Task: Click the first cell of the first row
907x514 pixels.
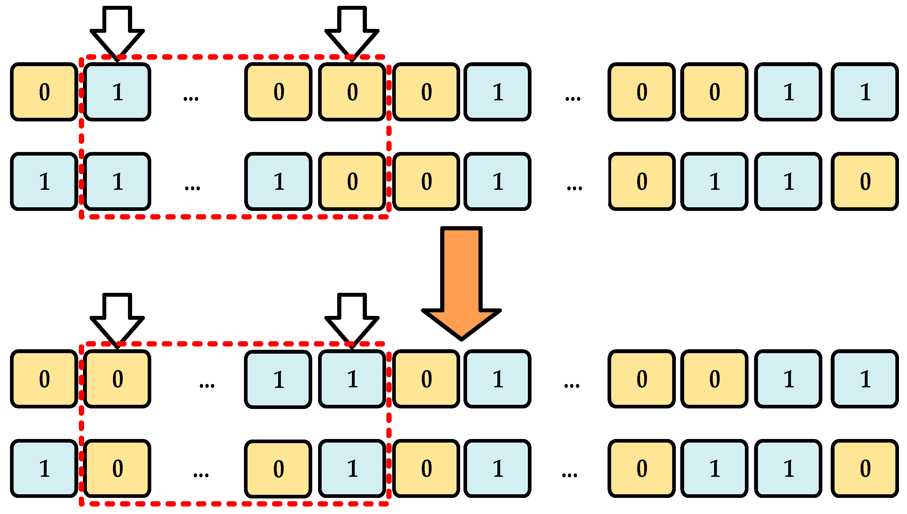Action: point(44,92)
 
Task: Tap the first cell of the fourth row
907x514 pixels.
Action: point(44,468)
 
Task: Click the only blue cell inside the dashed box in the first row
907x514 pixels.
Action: point(117,92)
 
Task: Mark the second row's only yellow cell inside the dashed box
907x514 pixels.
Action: point(352,181)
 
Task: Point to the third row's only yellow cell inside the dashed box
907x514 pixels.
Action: point(117,379)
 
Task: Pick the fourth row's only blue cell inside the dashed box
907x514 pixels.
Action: point(352,468)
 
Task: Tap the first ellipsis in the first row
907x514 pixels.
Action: point(191,98)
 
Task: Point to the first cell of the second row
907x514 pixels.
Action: point(44,181)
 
